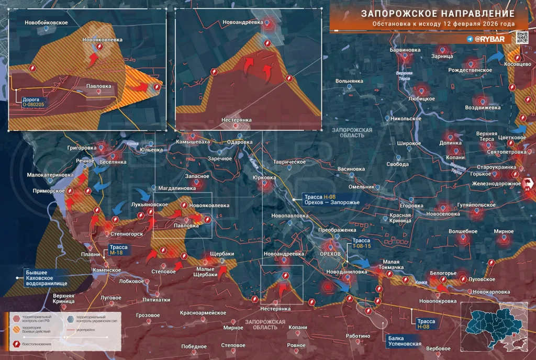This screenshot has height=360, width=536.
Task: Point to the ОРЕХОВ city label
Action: coord(330,254)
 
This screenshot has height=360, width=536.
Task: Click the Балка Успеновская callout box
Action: coord(404,341)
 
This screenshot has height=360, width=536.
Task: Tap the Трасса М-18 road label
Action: coord(116,250)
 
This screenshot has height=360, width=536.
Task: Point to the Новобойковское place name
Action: coord(47,22)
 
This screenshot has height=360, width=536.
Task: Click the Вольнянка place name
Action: coord(349,82)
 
